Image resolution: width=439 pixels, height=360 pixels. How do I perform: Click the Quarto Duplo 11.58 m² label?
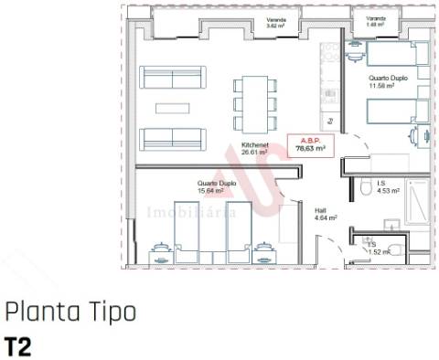pyautogui.click(x=389, y=82)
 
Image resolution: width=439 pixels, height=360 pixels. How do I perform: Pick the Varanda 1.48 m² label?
pyautogui.click(x=375, y=22)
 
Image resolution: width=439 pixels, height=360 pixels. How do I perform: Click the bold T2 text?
pyautogui.click(x=17, y=345)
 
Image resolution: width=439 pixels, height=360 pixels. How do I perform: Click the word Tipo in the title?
pyautogui.click(x=112, y=313)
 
